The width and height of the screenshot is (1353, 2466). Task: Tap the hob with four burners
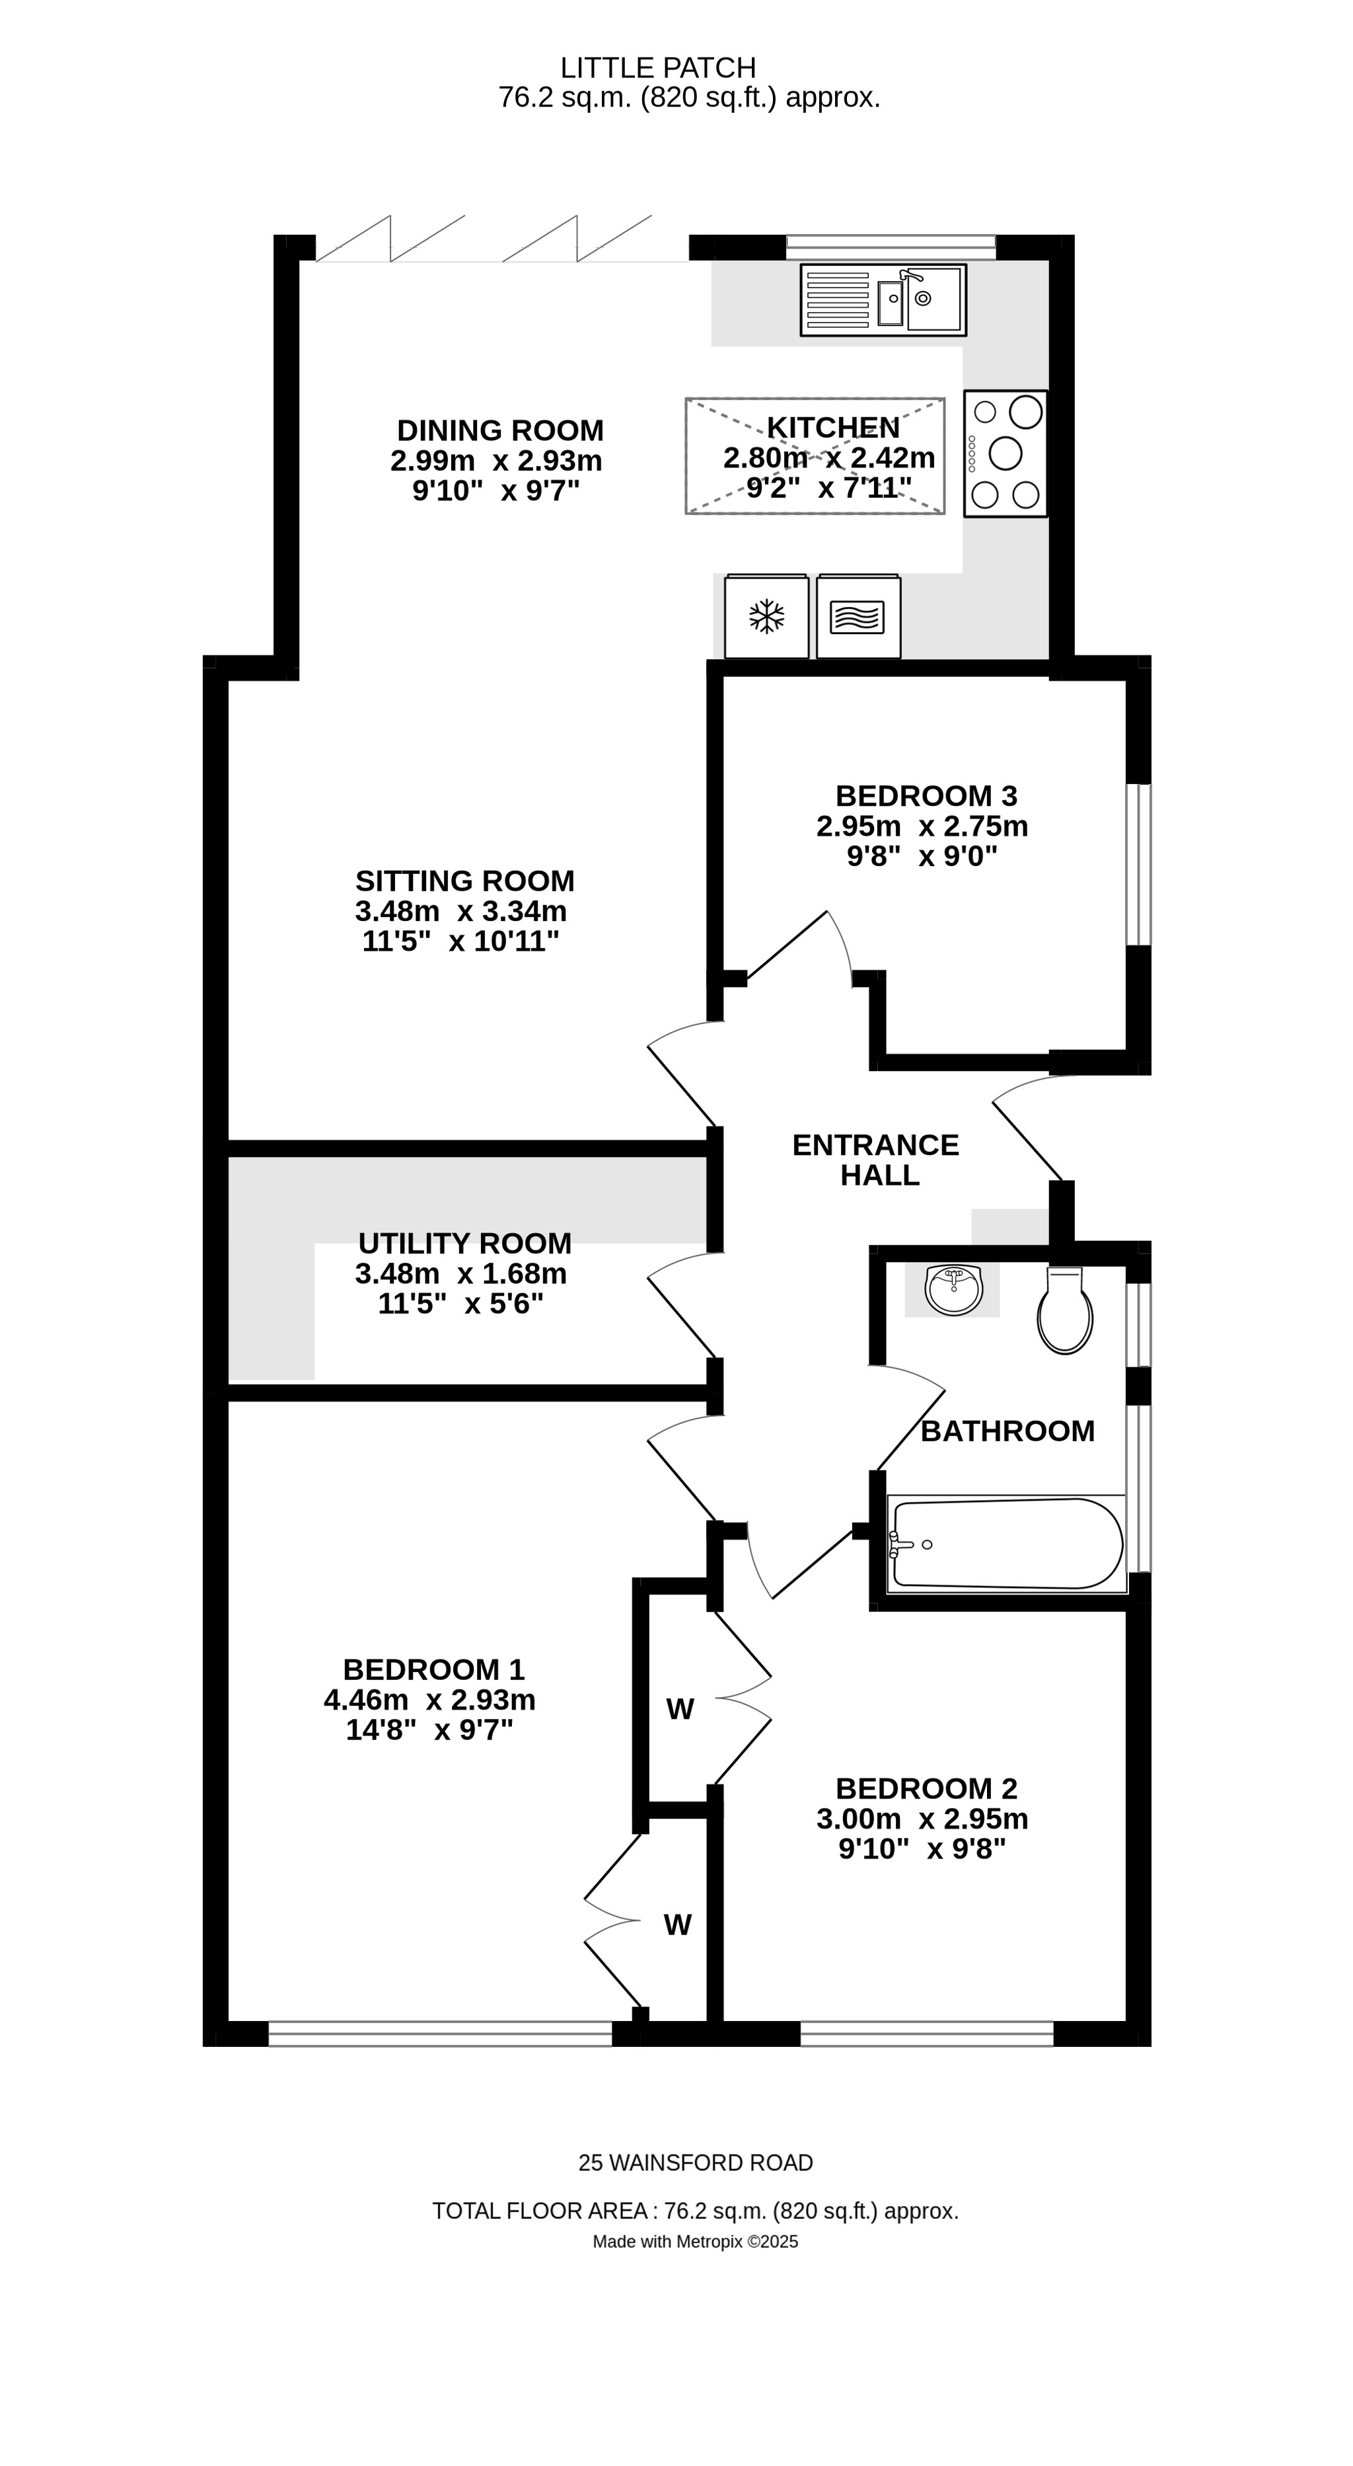pyautogui.click(x=1005, y=453)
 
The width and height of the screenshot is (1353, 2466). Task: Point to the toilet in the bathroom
pyautogui.click(x=1065, y=1314)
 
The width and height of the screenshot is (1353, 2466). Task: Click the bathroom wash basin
pyautogui.click(x=953, y=1289)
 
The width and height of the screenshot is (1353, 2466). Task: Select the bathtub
pyautogui.click(x=1007, y=1544)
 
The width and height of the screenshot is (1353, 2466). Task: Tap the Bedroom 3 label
pyautogui.click(x=926, y=795)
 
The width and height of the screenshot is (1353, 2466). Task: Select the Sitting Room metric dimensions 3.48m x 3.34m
pyautogui.click(x=460, y=910)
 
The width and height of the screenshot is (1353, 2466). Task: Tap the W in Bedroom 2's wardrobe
pyautogui.click(x=679, y=1710)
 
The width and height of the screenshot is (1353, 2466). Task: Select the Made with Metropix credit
pyautogui.click(x=695, y=2241)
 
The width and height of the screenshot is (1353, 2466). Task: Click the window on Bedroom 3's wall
pyautogui.click(x=1138, y=865)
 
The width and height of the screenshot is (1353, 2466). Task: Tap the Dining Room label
pyautogui.click(x=499, y=430)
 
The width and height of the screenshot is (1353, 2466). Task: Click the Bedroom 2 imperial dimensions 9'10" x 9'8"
pyautogui.click(x=922, y=1849)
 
